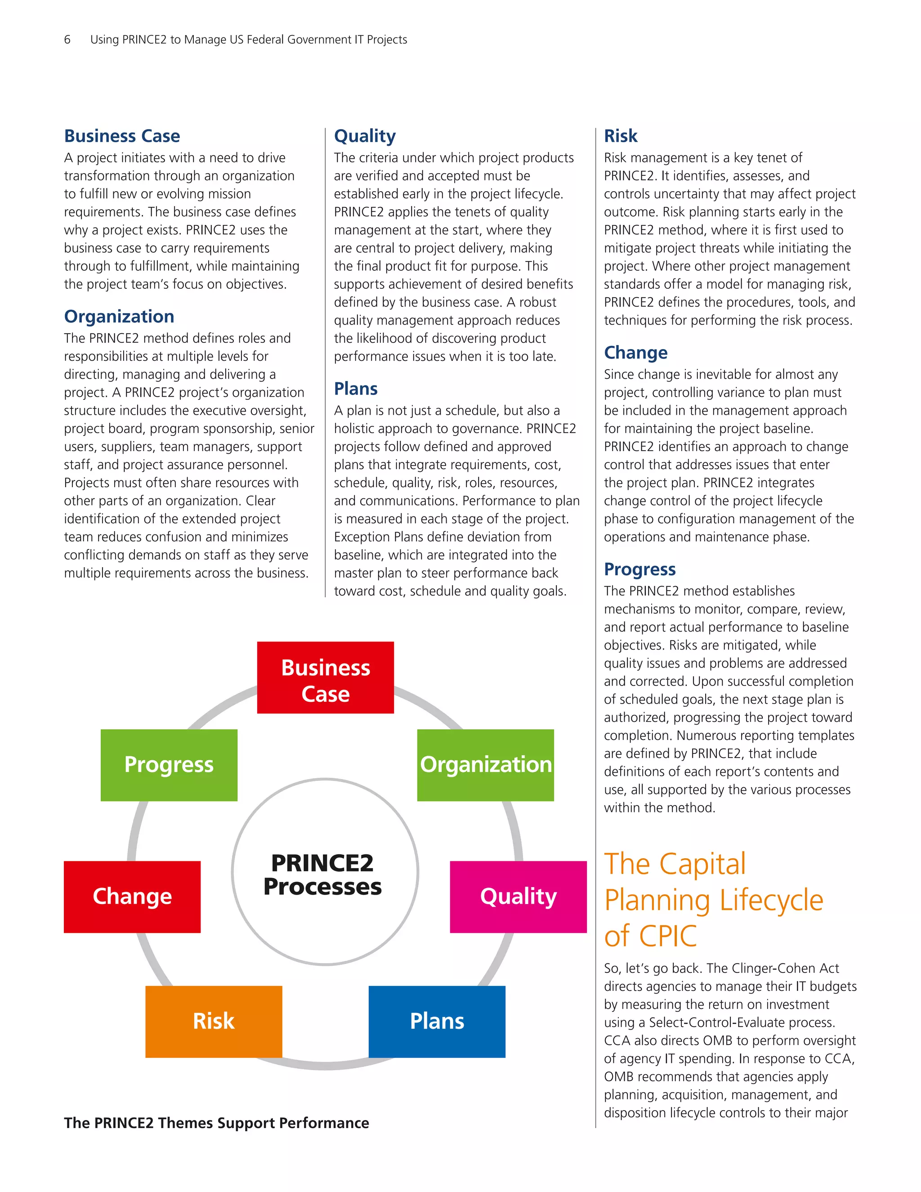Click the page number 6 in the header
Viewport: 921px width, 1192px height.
tap(67, 39)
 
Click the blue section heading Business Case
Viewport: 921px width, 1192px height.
tap(122, 136)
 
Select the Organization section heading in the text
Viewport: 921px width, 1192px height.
tap(119, 317)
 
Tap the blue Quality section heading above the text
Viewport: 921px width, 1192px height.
tap(364, 136)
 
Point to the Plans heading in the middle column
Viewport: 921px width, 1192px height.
tap(355, 389)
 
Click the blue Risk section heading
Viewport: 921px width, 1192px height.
tap(620, 136)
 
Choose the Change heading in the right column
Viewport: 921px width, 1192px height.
tap(635, 353)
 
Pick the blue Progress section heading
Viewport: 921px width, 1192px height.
tap(639, 569)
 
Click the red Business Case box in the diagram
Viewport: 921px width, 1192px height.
tap(325, 677)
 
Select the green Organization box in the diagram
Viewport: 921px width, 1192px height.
tap(485, 765)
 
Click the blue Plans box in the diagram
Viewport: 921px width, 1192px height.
tap(437, 1021)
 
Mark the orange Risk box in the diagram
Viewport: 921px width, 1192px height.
tap(213, 1021)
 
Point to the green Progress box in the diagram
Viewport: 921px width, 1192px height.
tap(169, 765)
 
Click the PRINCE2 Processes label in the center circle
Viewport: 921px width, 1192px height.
tap(323, 875)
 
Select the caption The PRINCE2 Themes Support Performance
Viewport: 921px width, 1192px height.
tap(216, 1123)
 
